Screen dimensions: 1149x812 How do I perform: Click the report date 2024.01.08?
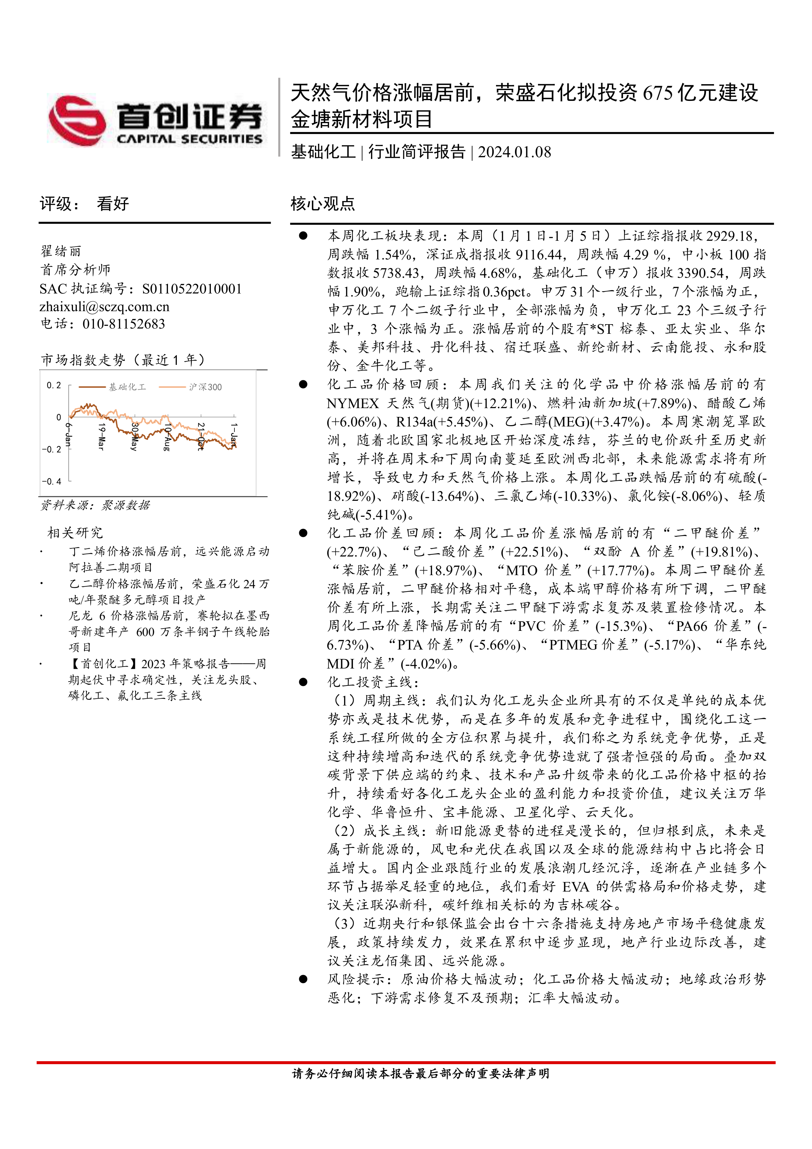(x=514, y=152)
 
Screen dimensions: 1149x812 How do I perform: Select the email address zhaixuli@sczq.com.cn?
(x=104, y=307)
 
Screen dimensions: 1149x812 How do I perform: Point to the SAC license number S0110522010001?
(x=192, y=289)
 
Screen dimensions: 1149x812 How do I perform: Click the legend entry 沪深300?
(x=205, y=387)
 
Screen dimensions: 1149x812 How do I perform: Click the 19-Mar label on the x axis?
(x=101, y=436)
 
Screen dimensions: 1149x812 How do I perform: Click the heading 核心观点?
(x=323, y=204)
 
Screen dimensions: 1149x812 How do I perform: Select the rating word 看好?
(x=113, y=204)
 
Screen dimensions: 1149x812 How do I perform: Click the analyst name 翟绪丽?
(x=61, y=251)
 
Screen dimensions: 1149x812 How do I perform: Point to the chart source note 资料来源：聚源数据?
(x=95, y=505)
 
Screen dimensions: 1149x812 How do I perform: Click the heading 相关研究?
(x=75, y=533)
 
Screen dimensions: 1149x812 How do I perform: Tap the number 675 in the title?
(x=657, y=93)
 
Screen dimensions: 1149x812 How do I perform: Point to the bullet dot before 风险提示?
(x=303, y=979)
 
